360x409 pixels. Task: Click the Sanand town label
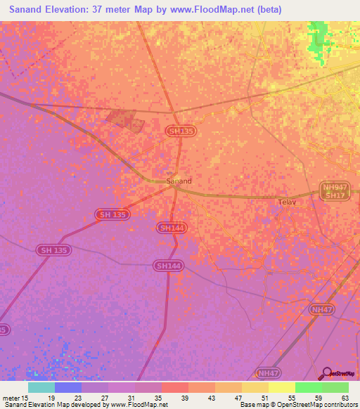(179, 181)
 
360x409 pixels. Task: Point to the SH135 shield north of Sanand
(180, 131)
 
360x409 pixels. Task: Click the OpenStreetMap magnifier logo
(326, 374)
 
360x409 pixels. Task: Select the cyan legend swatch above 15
(41, 387)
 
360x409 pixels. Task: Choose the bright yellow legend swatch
(282, 387)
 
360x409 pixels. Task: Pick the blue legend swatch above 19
(68, 387)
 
